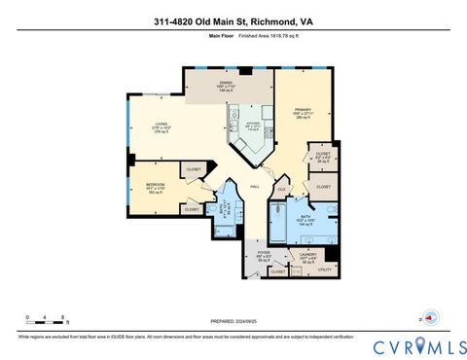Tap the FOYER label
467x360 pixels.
(264, 255)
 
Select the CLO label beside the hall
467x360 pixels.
(281, 190)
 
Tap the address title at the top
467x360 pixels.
(233, 21)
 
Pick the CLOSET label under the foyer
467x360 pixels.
(277, 271)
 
